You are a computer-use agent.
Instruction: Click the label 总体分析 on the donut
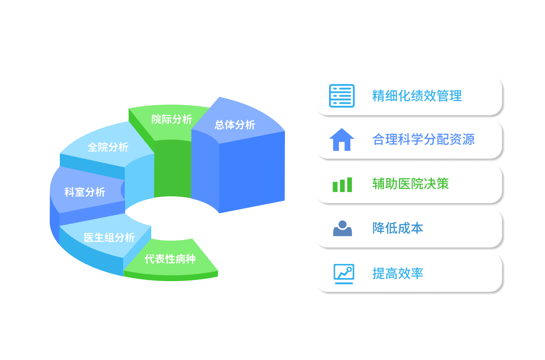pos(235,125)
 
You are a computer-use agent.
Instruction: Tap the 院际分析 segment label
pos(172,119)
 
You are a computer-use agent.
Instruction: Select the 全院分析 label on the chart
pos(108,147)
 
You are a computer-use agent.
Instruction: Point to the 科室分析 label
pos(85,192)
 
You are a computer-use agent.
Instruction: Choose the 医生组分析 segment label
pos(109,237)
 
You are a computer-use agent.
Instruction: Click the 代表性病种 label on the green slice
pos(170,259)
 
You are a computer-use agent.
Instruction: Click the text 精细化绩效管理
pos(417,96)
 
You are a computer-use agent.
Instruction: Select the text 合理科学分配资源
pos(423,139)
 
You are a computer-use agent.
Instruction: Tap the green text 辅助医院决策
pos(410,184)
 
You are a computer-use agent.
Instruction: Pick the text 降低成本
pos(398,228)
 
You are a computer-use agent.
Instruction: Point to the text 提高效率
pos(398,273)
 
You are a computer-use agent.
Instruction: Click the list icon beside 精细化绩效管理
pos(341,96)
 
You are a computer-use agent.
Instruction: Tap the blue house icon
pos(341,140)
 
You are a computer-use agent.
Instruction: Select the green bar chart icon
pos(342,185)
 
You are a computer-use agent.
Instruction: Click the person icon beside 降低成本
pos(342,228)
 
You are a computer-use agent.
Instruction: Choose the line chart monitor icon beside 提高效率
pos(344,273)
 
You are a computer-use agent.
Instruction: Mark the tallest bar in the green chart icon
pos(349,184)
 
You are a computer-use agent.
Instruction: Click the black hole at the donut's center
pos(171,216)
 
